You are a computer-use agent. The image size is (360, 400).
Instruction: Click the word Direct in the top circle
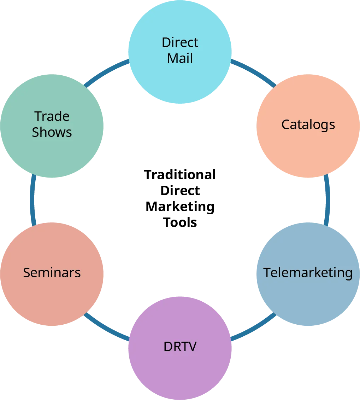pos(180,42)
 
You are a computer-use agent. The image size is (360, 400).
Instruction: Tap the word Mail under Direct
pos(180,58)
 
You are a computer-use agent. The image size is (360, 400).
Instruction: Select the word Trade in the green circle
pos(52,116)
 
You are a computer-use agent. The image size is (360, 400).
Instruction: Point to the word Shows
pos(52,132)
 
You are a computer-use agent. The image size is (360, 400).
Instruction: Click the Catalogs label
pos(308,124)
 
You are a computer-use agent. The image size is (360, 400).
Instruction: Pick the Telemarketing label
pos(308,273)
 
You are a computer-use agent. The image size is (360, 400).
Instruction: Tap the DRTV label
pos(180,347)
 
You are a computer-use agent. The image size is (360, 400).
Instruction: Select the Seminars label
pos(52,273)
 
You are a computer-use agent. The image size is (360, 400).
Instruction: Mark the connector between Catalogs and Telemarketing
pos(327,200)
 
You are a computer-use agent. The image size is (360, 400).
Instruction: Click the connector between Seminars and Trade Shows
pos(33,200)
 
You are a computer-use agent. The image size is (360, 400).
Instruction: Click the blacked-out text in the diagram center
pos(180,199)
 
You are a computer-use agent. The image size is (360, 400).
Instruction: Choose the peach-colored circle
pos(308,149)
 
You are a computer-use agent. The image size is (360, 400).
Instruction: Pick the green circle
pos(52,156)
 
